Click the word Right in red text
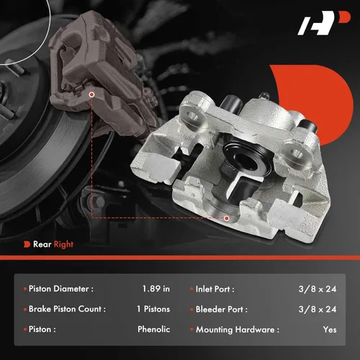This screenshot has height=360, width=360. [x=61, y=244]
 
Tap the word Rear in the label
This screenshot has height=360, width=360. [x=41, y=244]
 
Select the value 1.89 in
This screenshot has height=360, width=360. [x=156, y=289]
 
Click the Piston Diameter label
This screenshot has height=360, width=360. [x=62, y=289]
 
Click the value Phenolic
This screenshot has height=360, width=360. [x=153, y=329]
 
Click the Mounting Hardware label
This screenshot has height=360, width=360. [x=237, y=329]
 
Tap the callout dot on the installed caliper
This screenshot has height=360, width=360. [x=93, y=94]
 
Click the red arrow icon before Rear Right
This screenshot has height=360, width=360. [x=27, y=244]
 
